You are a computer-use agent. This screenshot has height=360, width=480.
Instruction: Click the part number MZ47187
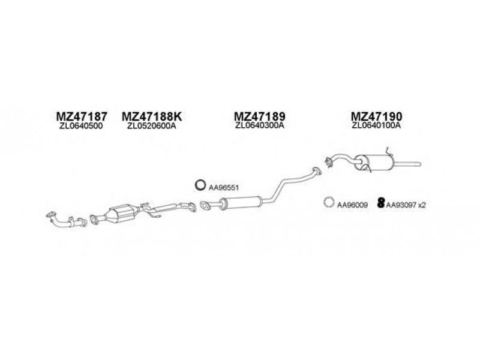tap(82, 116)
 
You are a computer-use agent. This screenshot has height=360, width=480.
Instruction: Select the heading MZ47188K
tap(152, 116)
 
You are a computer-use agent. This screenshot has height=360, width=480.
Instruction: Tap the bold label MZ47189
tap(260, 116)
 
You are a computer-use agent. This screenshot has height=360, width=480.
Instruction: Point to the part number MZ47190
tap(376, 116)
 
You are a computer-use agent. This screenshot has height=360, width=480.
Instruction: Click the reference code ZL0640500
tap(81, 126)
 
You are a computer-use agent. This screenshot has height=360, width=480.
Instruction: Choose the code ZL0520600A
tap(152, 126)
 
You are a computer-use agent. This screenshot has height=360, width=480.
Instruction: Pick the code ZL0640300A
tap(260, 125)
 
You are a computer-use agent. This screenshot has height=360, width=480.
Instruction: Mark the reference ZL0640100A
tap(376, 125)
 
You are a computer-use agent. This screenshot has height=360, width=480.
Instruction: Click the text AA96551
tap(223, 188)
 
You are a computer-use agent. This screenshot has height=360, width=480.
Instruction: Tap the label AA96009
tap(352, 205)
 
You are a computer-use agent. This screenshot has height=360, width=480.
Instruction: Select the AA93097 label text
tap(401, 205)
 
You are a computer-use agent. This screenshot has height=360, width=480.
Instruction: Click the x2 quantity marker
tap(422, 205)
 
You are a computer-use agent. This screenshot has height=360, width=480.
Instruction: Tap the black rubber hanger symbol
tap(381, 203)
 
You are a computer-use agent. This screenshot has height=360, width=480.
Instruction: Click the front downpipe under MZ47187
tap(65, 220)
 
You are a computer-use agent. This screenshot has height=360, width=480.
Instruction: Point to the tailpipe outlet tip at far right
tap(420, 164)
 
